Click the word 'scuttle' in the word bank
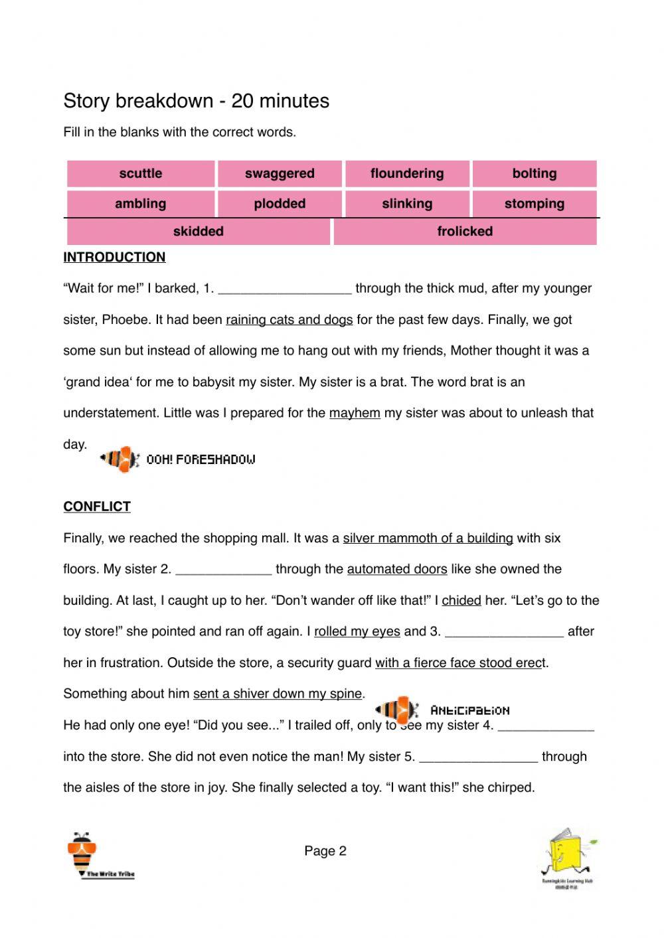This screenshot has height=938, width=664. [141, 173]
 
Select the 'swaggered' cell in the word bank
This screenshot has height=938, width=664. [280, 173]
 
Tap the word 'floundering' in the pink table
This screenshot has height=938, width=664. [407, 173]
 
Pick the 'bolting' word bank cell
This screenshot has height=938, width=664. [535, 173]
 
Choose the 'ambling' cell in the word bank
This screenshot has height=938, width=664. [141, 204]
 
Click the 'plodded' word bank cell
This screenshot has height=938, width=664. [280, 204]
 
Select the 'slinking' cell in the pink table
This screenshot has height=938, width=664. [407, 204]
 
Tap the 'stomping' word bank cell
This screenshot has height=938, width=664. [535, 204]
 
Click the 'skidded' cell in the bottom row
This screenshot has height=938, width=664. [199, 232]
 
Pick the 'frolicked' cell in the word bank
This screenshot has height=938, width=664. [465, 232]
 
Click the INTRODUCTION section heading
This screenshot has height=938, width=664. [114, 258]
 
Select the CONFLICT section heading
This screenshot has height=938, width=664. [97, 507]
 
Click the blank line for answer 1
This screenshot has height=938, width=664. [284, 289]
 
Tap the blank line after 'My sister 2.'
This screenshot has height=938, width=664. [224, 570]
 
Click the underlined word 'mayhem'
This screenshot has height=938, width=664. [355, 413]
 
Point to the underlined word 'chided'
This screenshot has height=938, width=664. [461, 601]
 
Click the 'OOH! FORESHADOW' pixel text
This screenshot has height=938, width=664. [201, 459]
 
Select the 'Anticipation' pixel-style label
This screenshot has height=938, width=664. [470, 710]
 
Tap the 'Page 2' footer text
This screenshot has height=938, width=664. [325, 851]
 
